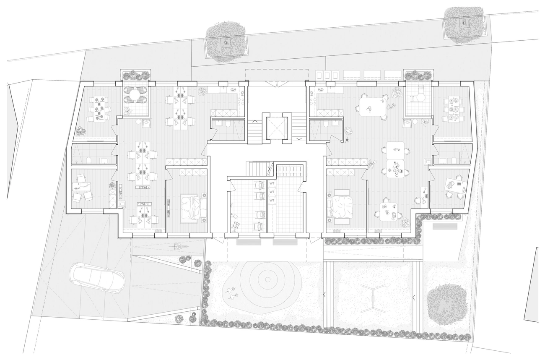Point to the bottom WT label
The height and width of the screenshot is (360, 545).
pyautogui.click(x=272, y=200)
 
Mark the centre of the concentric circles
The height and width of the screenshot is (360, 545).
pyautogui.click(x=268, y=279)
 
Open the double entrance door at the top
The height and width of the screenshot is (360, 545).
pyautogui.click(x=277, y=84)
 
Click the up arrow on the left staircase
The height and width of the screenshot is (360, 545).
pyautogui.click(x=255, y=121)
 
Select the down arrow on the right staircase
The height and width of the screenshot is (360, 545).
pyautogui.click(x=299, y=139)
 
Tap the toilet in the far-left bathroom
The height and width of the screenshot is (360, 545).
pyautogui.click(x=89, y=160)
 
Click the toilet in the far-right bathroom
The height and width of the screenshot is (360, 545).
pyautogui.click(x=454, y=160)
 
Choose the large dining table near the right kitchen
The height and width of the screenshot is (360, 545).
pyautogui.click(x=373, y=107)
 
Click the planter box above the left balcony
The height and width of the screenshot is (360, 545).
pyautogui.click(x=136, y=75)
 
